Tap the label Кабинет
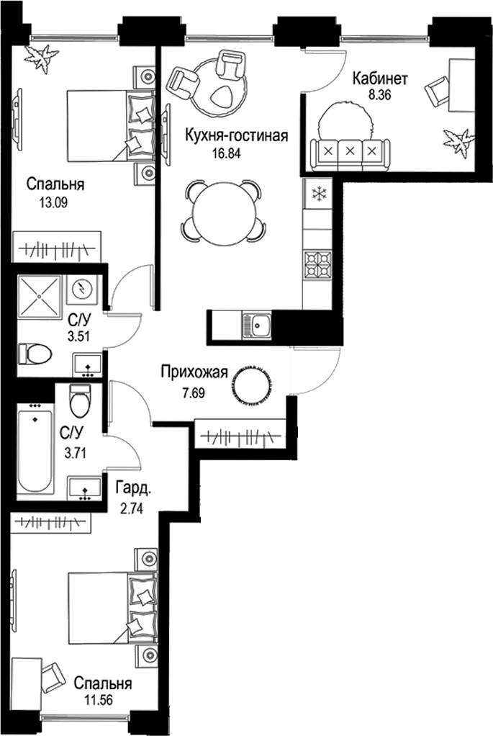[x=372, y=79]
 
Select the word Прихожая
[x=194, y=372]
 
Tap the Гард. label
[x=133, y=489]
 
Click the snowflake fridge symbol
[x=317, y=194]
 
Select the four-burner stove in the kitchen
[x=317, y=264]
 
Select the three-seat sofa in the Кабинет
[x=350, y=151]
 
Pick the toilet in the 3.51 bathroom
[x=37, y=353]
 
